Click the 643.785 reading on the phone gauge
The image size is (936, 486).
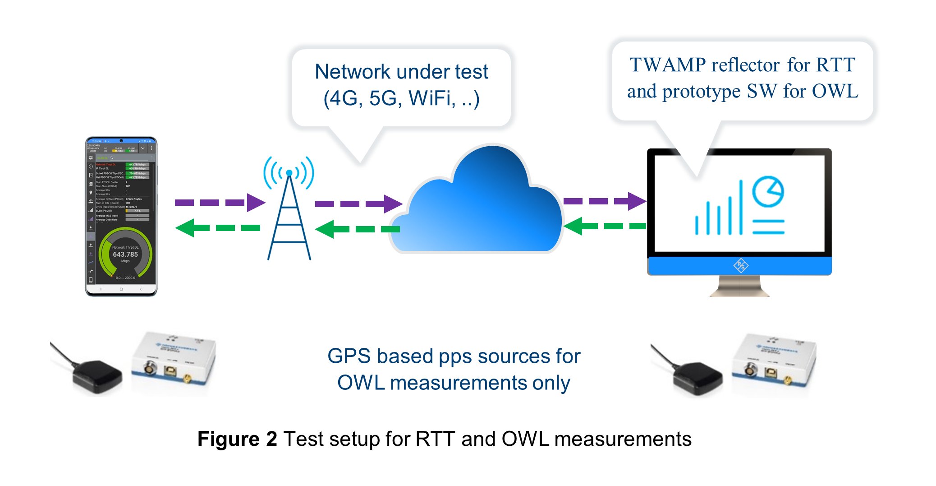point(125,255)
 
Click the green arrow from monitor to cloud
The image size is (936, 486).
point(605,226)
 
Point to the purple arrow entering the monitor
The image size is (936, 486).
point(605,201)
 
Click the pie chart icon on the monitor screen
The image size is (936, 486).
point(768,192)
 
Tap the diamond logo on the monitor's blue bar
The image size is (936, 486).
point(740,265)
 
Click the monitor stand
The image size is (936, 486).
point(739,287)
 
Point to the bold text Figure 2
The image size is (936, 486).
point(237,439)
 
